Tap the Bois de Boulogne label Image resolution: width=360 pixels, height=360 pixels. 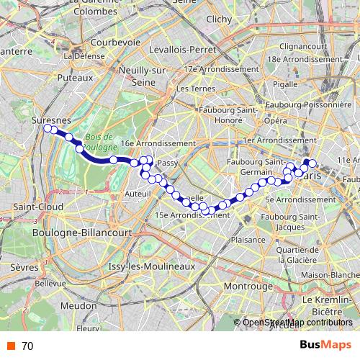(x=99, y=142)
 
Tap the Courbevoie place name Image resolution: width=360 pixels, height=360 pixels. (x=115, y=42)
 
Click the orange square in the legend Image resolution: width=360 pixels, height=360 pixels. (x=9, y=346)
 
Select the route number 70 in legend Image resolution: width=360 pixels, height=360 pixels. (x=27, y=346)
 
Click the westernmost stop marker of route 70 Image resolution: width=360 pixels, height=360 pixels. (x=48, y=128)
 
